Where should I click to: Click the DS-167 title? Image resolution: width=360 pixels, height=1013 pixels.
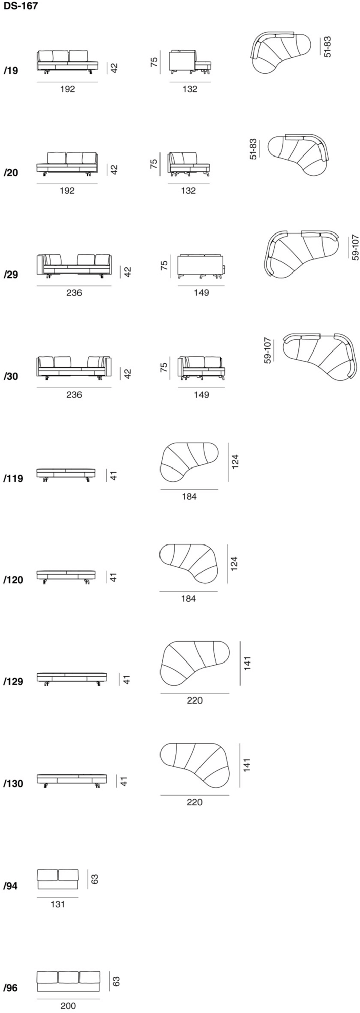click(20, 6)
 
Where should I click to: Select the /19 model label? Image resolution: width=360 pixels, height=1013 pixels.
click(11, 71)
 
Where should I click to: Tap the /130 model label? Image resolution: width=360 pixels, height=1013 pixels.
click(13, 784)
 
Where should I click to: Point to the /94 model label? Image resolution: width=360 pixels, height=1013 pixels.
click(11, 886)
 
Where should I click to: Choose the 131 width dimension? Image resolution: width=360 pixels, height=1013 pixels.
click(58, 904)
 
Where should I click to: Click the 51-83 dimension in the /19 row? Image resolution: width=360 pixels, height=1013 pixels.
click(328, 47)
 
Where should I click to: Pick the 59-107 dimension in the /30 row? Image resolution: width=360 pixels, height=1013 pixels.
click(268, 350)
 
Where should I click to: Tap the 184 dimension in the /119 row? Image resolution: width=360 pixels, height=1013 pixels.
click(189, 497)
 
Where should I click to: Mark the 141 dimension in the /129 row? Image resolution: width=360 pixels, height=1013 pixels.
click(247, 664)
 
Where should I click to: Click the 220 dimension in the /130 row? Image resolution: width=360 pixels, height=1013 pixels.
click(194, 802)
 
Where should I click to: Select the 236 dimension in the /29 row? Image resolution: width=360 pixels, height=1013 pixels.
click(74, 293)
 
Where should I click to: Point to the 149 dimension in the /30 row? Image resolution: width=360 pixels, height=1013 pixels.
click(202, 395)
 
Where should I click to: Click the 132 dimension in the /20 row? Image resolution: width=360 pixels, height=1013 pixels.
click(188, 191)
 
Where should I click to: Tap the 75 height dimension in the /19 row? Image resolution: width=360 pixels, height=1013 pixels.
click(154, 62)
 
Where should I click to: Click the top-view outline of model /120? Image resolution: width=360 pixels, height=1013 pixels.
click(188, 563)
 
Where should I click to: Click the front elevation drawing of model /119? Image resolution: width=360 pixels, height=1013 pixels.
click(66, 475)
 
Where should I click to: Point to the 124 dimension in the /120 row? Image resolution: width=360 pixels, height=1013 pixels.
click(234, 564)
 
